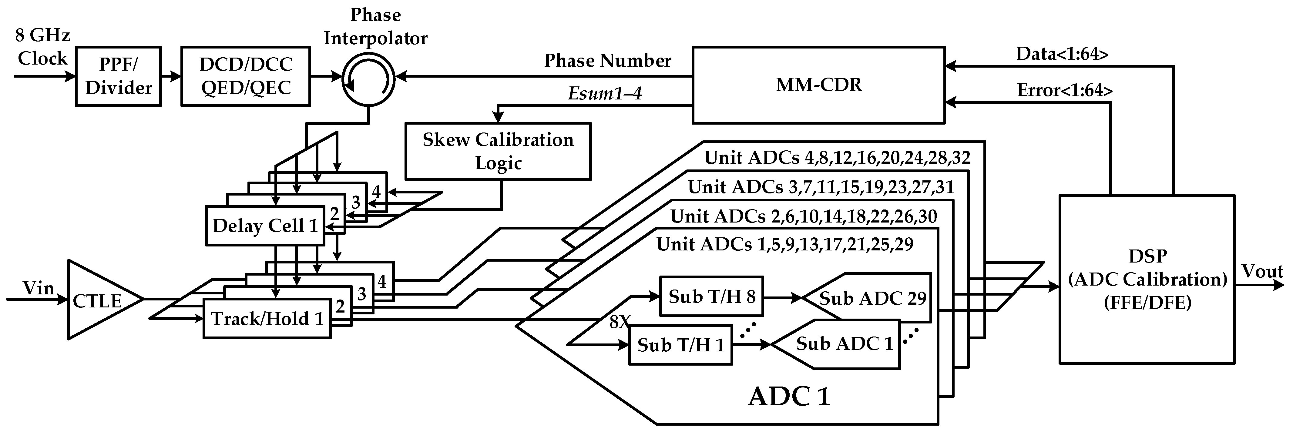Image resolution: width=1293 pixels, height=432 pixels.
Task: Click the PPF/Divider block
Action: [119, 76]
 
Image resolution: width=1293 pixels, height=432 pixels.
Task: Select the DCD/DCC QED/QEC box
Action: [245, 76]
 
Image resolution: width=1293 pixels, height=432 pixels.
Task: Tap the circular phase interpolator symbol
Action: [368, 78]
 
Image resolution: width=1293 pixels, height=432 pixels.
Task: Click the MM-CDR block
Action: [818, 85]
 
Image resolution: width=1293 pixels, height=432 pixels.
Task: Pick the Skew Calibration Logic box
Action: [498, 151]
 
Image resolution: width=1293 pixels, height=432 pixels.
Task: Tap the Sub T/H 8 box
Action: [711, 296]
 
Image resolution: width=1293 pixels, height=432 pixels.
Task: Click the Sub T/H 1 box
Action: [681, 345]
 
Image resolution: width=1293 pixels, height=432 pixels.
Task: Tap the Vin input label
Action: [38, 289]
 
